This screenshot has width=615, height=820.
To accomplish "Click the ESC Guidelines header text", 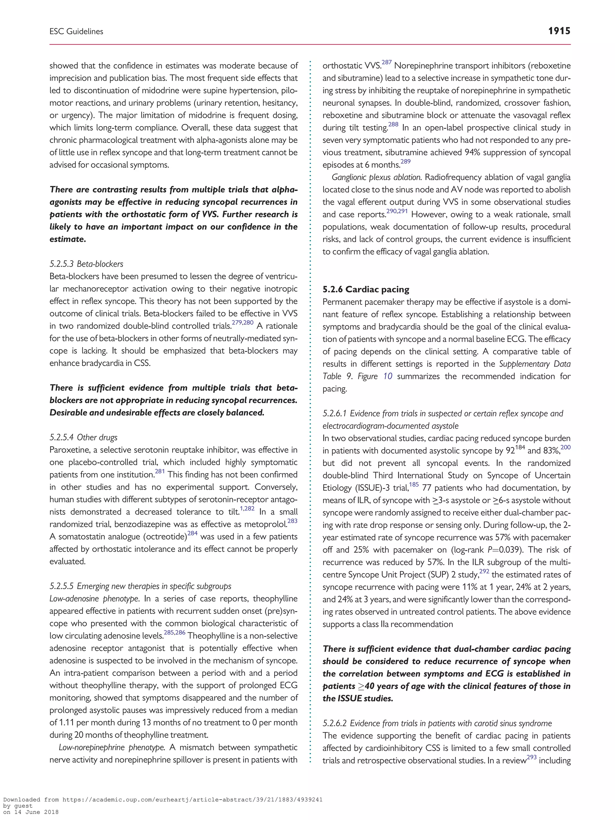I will tap(76, 32).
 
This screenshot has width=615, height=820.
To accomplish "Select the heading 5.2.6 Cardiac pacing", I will tap(365, 289).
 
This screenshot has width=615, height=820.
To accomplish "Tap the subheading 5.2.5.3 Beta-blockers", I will tap(86, 264).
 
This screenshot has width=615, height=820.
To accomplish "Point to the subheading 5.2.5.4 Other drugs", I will tap(83, 437).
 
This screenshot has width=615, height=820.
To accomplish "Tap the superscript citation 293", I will tap(532, 757).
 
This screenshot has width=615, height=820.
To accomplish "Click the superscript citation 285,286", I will tap(174, 632).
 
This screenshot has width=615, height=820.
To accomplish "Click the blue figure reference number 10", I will tap(387, 376).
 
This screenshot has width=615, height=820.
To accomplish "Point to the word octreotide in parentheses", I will tap(165, 537).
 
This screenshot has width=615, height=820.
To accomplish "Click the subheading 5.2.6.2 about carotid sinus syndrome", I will tap(437, 723).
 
